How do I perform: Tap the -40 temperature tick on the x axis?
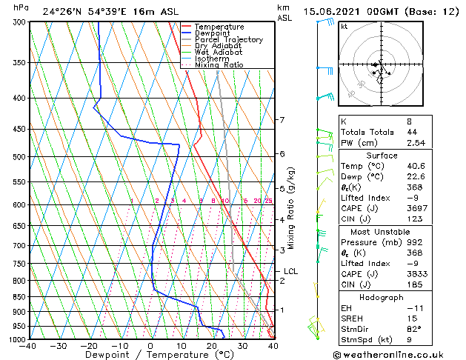(28, 345)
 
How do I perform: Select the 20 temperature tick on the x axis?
(212, 345)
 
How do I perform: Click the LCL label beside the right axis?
(290, 271)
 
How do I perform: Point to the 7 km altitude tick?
(282, 120)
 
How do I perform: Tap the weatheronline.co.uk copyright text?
(399, 354)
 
